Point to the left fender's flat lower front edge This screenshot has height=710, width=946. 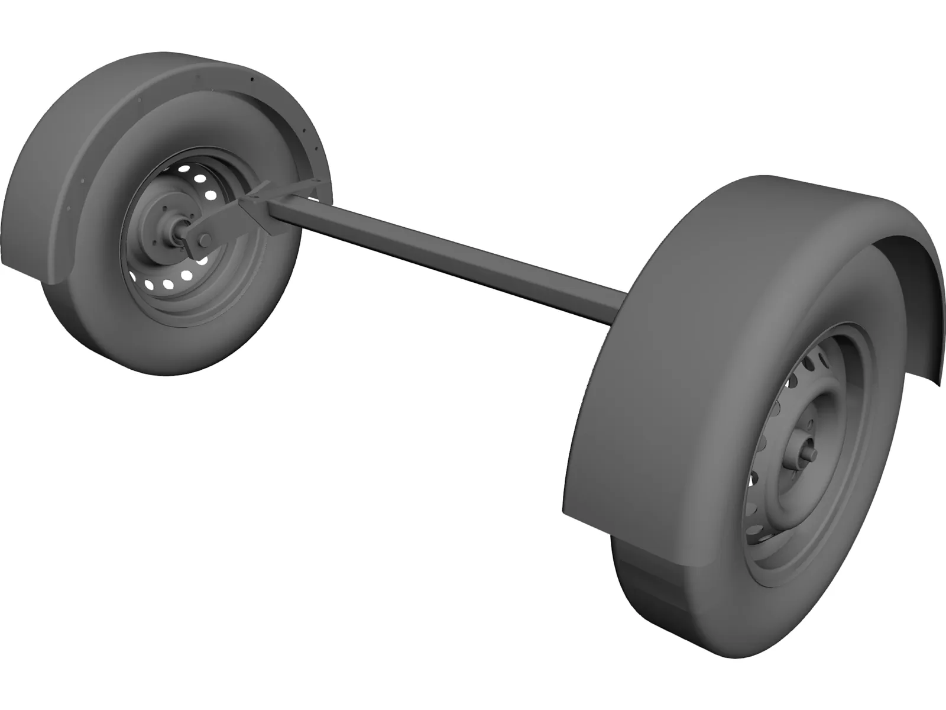30,269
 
